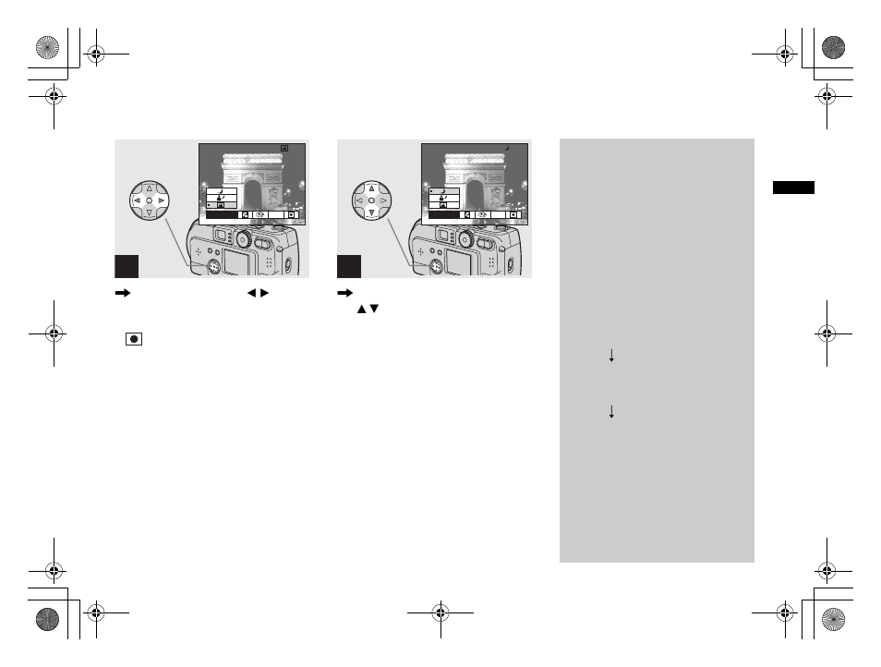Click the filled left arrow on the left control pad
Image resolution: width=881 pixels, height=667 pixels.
pyautogui.click(x=137, y=200)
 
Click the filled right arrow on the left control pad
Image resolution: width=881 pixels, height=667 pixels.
pyautogui.click(x=161, y=200)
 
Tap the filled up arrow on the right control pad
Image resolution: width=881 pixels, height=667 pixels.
pyautogui.click(x=371, y=187)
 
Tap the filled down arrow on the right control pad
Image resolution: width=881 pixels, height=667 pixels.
pyautogui.click(x=371, y=212)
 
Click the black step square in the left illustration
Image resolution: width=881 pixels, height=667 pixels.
pyautogui.click(x=127, y=265)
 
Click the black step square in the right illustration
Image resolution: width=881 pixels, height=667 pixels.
pyautogui.click(x=349, y=265)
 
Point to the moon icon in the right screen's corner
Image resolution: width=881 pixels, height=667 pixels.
pyautogui.click(x=507, y=147)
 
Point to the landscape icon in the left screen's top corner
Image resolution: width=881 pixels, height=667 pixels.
pyautogui.click(x=284, y=147)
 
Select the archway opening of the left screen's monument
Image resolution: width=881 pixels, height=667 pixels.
pyautogui.click(x=252, y=195)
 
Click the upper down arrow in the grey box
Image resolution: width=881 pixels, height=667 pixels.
pyautogui.click(x=610, y=356)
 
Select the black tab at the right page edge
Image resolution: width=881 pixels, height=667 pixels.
pyautogui.click(x=794, y=188)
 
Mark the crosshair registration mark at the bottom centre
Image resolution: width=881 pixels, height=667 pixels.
pyautogui.click(x=440, y=612)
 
